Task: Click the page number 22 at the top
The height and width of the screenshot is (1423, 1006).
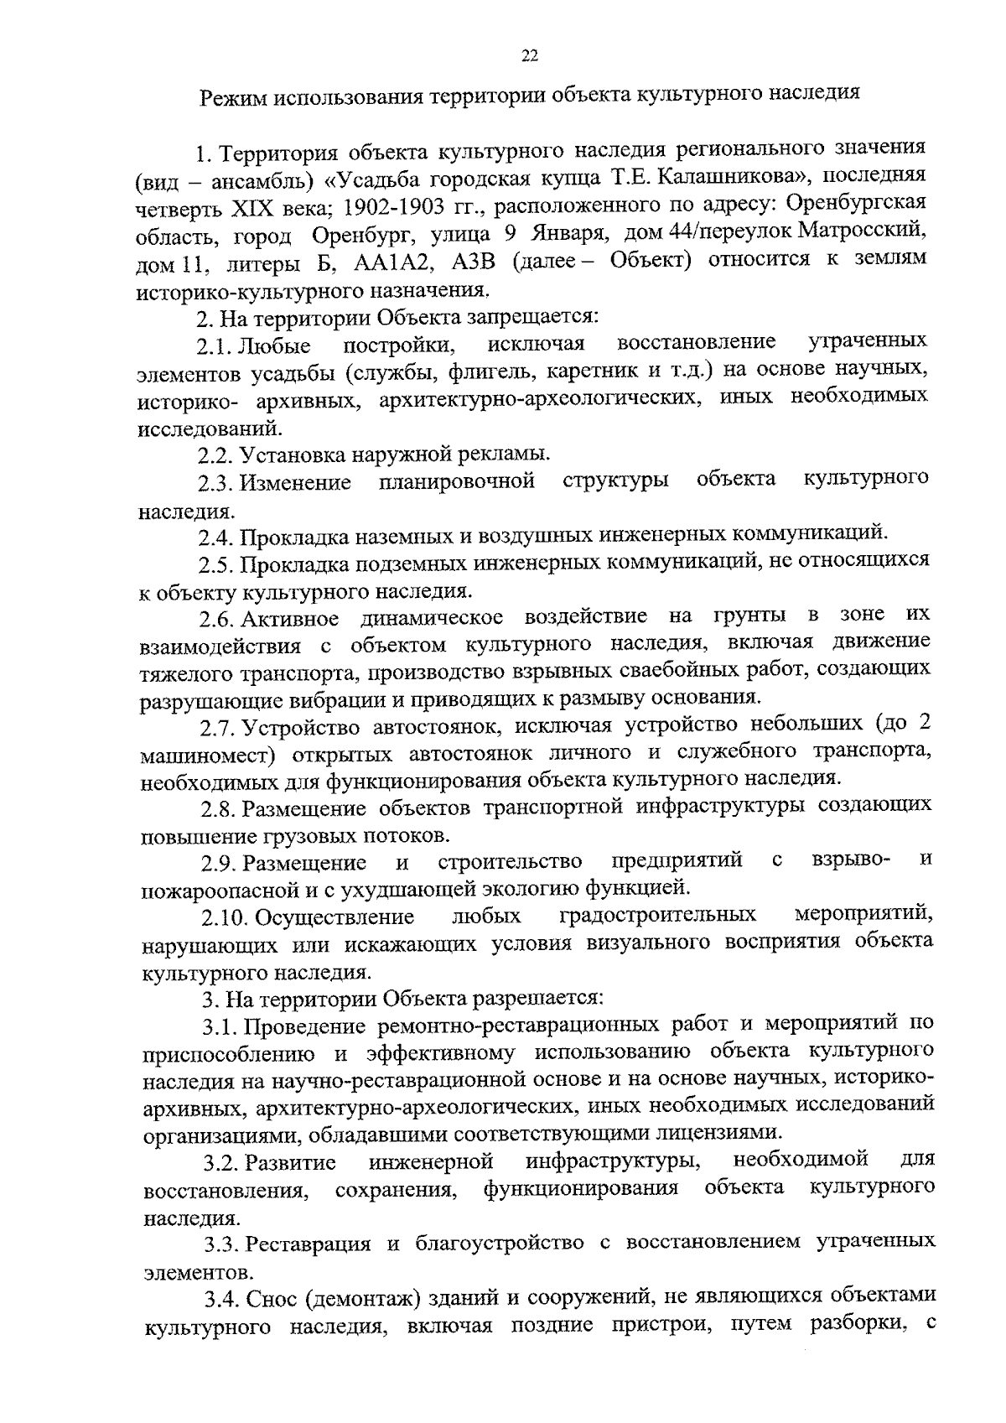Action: [x=528, y=56]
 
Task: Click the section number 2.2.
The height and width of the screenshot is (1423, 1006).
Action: [x=215, y=455]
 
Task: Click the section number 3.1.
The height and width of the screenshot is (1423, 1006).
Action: [x=219, y=1026]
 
